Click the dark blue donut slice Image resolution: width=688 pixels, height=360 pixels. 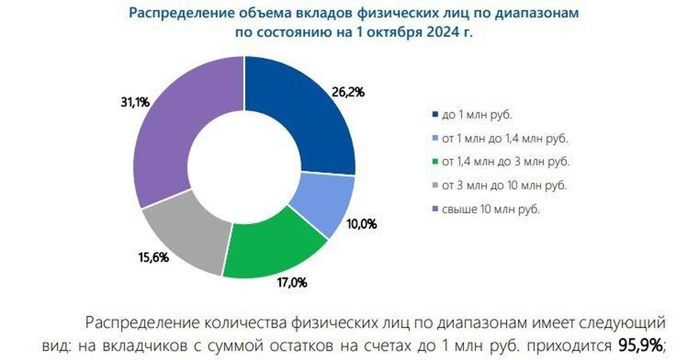pyautogui.click(x=298, y=115)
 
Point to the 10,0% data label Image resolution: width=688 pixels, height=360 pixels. pyautogui.click(x=362, y=224)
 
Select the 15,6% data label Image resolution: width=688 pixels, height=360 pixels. pyautogui.click(x=154, y=258)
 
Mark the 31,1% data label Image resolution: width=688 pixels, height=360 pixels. pyautogui.click(x=136, y=103)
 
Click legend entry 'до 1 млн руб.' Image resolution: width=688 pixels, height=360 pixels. pyautogui.click(x=476, y=115)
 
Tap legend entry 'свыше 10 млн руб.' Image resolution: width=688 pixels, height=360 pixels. pyautogui.click(x=490, y=210)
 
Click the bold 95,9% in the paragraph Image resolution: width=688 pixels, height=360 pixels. pyautogui.click(x=641, y=345)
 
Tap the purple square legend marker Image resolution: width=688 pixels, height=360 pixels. pyautogui.click(x=436, y=210)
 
